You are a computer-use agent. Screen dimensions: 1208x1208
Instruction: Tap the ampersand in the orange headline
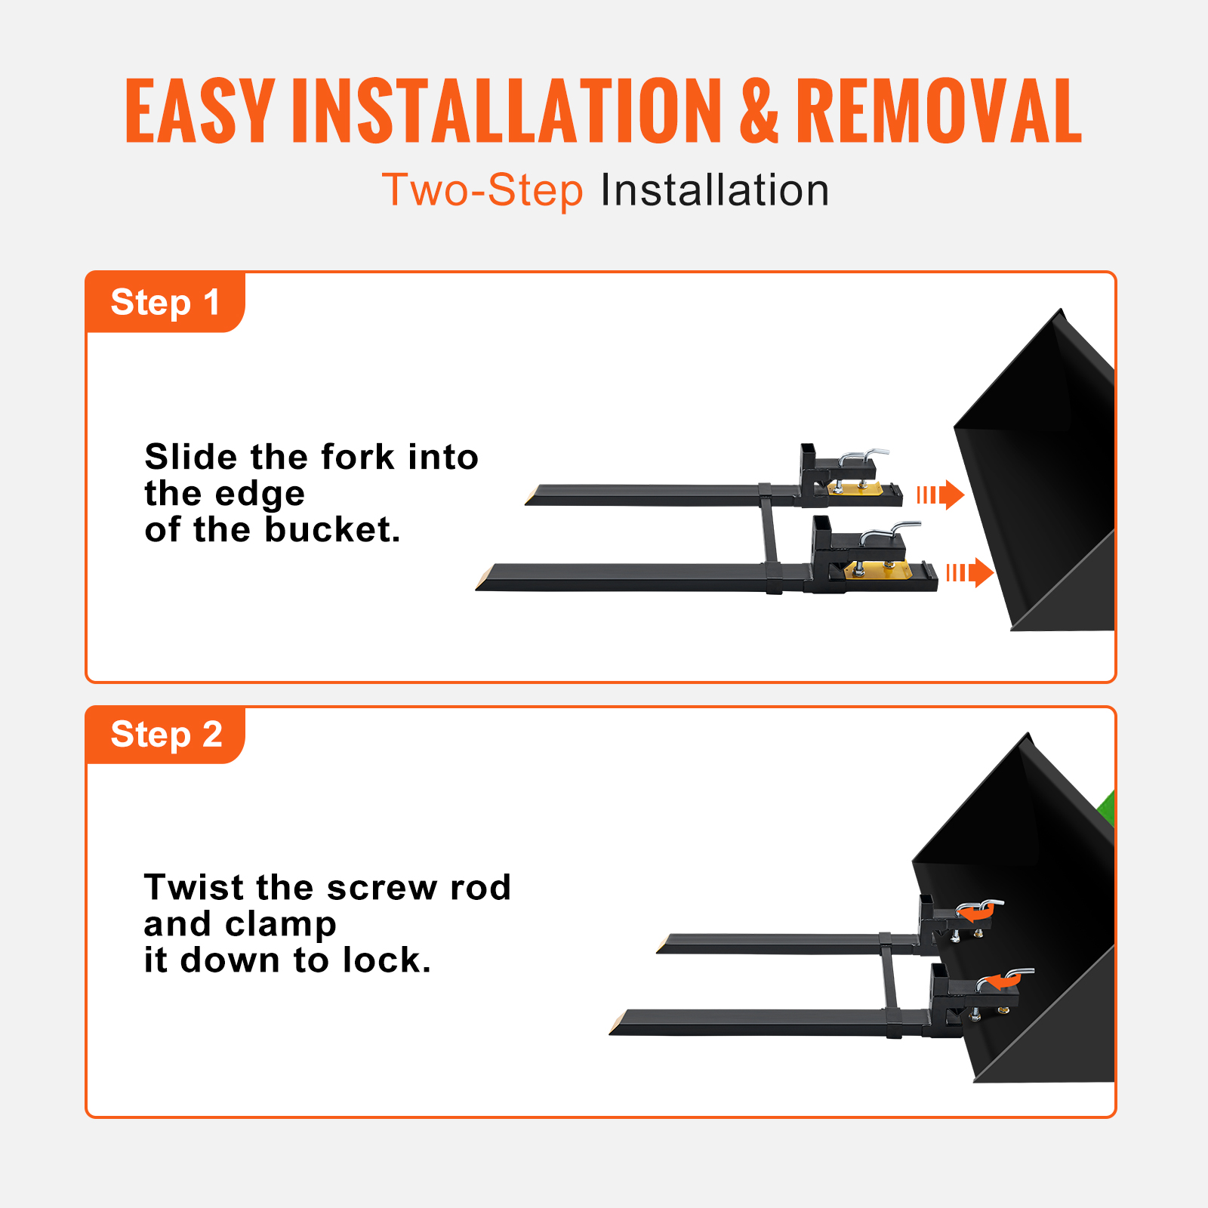point(758,112)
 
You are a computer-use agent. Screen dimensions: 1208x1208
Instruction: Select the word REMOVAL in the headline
point(938,112)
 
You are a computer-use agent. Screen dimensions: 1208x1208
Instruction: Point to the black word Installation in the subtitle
point(714,190)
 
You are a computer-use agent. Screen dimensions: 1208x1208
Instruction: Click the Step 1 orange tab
point(165,302)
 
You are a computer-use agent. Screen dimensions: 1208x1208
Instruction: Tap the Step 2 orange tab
point(165,735)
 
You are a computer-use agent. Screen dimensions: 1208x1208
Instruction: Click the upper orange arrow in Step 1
point(942,495)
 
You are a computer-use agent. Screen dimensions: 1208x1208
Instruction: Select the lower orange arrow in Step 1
point(971,573)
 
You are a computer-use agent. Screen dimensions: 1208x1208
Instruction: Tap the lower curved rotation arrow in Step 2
point(1003,981)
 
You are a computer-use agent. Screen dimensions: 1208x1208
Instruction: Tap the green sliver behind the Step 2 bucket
point(1108,808)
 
